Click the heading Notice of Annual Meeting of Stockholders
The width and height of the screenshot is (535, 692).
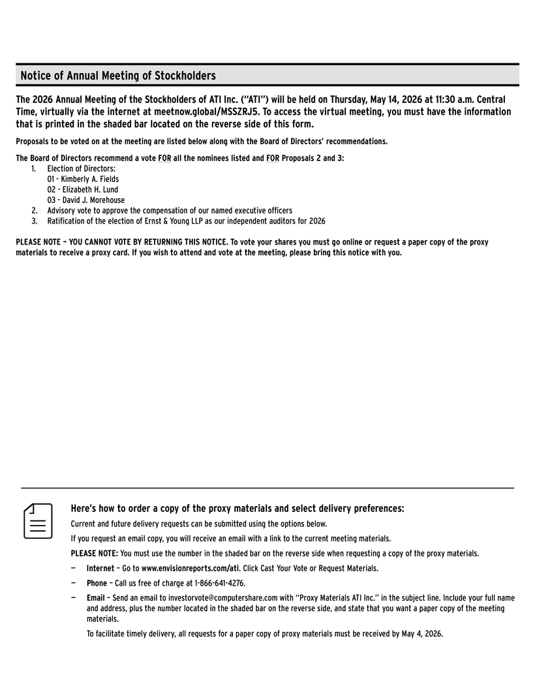tap(118, 76)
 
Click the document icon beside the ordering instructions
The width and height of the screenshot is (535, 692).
tap(38, 520)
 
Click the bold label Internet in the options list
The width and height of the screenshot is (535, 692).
tap(100, 569)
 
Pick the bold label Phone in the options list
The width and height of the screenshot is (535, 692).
tap(97, 583)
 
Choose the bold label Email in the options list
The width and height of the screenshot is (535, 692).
tap(95, 597)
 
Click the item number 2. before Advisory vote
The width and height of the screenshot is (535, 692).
tap(35, 211)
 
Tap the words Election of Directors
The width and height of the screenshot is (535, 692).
tap(81, 169)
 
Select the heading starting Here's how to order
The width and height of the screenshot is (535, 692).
tap(237, 509)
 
